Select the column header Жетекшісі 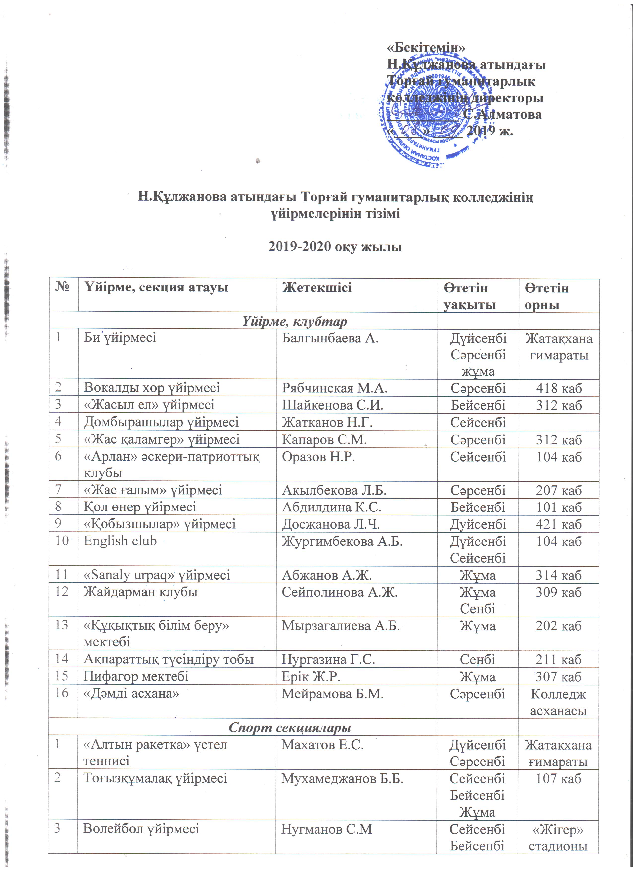(x=317, y=288)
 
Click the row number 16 (x=62, y=693)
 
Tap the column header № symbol (x=63, y=287)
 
